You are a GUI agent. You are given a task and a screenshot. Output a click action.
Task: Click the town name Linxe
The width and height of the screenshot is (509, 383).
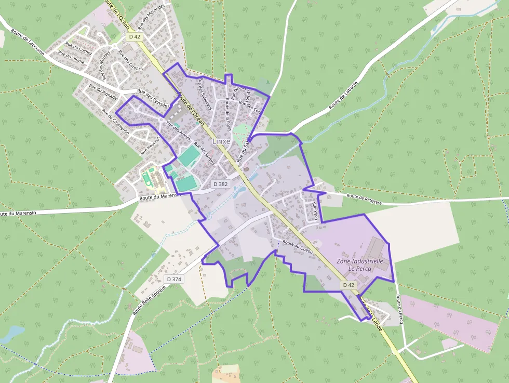(x=223, y=141)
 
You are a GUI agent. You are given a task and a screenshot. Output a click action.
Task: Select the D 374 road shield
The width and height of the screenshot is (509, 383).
(x=174, y=279)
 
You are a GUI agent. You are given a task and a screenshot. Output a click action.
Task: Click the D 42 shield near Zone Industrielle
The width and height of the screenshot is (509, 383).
(x=349, y=285)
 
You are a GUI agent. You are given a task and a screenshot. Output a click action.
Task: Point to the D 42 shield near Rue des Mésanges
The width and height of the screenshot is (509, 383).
(x=134, y=36)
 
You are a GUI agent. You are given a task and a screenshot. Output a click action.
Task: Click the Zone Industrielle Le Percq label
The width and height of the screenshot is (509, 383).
(x=359, y=265)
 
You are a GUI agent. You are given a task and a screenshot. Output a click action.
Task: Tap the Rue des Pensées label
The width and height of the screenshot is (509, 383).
(x=153, y=97)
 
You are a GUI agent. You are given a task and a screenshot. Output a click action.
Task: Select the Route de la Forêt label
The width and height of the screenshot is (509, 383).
(x=227, y=110)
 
